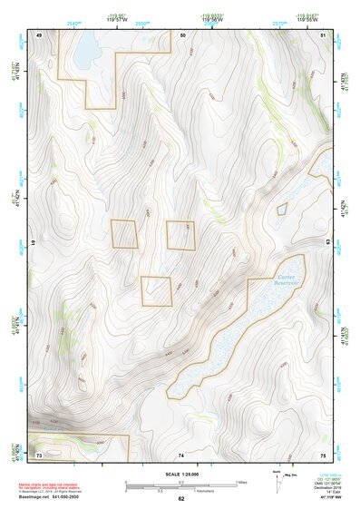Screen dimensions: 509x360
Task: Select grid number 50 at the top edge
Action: coord(182,34)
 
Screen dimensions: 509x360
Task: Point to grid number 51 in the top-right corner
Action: coord(324,34)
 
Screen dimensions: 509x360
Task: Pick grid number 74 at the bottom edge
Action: coord(182,453)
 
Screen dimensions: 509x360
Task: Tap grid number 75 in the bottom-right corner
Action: coord(324,453)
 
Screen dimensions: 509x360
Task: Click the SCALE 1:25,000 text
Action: coord(180,474)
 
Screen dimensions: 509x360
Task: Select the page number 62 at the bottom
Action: coord(181,499)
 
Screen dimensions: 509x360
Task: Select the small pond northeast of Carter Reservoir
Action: coord(282,210)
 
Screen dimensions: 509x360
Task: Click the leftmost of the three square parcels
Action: coord(124,233)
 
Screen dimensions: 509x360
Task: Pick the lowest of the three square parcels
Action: coord(156,290)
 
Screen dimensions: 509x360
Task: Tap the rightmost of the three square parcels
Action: coord(180,234)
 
